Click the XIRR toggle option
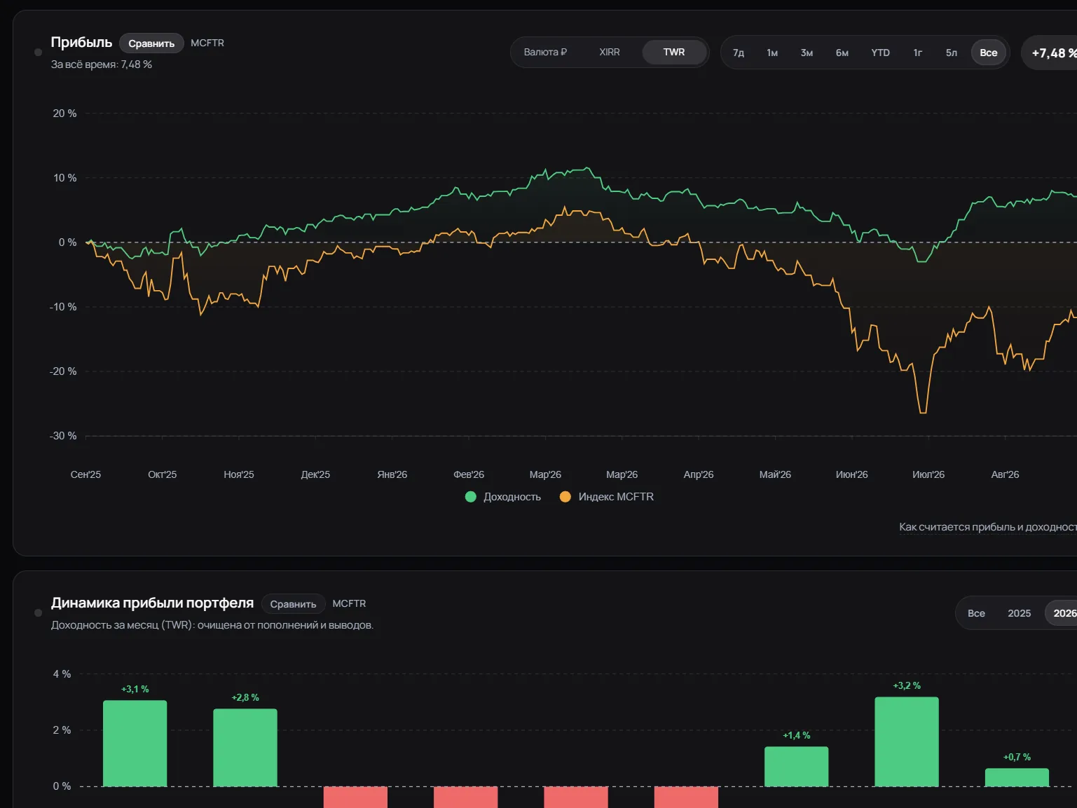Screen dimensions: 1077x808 tap(610, 52)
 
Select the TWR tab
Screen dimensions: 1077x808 tap(673, 52)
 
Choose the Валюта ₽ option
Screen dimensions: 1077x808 tap(545, 52)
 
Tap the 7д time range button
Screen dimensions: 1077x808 tap(739, 53)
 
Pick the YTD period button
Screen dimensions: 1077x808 tap(880, 53)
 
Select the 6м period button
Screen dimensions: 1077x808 tap(842, 53)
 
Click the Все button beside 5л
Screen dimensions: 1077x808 tap(988, 53)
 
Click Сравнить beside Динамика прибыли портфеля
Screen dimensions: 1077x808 tap(293, 604)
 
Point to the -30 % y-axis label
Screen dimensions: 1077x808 tap(63, 436)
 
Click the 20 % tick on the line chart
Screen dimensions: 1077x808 tap(64, 114)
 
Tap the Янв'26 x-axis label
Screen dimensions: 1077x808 tap(392, 474)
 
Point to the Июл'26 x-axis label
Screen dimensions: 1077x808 tap(928, 474)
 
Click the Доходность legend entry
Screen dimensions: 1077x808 tap(503, 497)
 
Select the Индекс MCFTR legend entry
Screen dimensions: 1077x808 tap(607, 497)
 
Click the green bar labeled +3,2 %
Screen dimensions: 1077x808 tap(907, 741)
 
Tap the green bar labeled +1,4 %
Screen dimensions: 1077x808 tap(796, 767)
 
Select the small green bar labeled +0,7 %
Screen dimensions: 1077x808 tap(1017, 778)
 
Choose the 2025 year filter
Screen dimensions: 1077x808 tap(1019, 613)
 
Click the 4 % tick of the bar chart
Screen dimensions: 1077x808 tap(62, 674)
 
